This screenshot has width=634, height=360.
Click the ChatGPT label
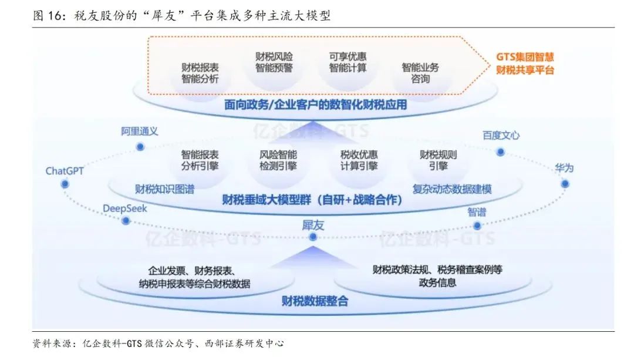(65, 171)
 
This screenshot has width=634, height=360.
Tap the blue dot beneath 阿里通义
(140, 147)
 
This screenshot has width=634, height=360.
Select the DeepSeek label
(125, 208)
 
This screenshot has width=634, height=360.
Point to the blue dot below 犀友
(313, 237)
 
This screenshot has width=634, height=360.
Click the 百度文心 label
(501, 135)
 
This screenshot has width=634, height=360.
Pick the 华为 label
(564, 168)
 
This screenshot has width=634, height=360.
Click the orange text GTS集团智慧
(525, 57)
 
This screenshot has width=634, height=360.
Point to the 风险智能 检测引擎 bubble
(278, 160)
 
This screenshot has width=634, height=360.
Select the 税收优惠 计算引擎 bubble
(359, 160)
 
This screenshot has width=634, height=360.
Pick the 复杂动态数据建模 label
(452, 189)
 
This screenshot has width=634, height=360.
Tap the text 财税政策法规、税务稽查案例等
(437, 270)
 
